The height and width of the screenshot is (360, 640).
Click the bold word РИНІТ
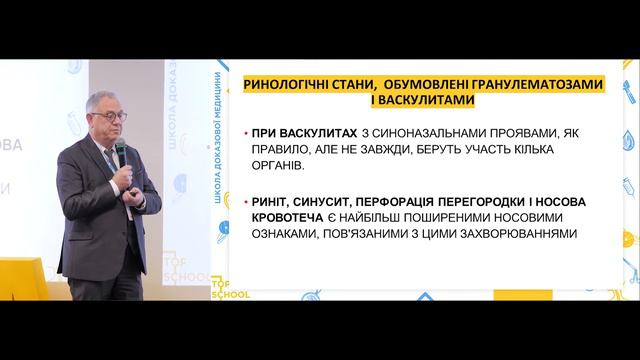(273, 201)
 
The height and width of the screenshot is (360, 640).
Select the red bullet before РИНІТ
(246, 201)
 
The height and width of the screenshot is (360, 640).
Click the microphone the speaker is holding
(121, 154)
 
